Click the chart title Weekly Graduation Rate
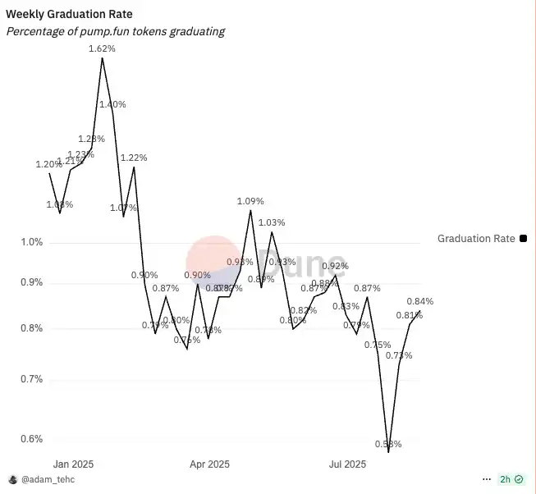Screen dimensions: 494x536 coord(69,15)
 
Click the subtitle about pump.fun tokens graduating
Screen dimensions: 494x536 coord(115,31)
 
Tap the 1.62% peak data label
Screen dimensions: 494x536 coord(102,49)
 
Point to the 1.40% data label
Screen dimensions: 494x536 coord(112,104)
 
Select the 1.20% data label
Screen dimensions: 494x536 coord(49,164)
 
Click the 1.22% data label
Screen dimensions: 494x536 coord(134,158)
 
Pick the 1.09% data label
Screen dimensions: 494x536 coord(250,201)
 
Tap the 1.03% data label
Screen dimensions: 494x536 coord(272,222)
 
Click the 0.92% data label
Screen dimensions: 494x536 coord(335,266)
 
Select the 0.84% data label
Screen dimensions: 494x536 coord(419,301)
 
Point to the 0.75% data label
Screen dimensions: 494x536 coord(378,345)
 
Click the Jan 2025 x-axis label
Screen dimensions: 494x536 coord(72,464)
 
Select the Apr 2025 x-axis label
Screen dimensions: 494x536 coord(208,464)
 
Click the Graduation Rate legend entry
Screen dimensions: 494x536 coord(476,239)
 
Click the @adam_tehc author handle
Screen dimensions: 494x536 coord(47,478)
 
